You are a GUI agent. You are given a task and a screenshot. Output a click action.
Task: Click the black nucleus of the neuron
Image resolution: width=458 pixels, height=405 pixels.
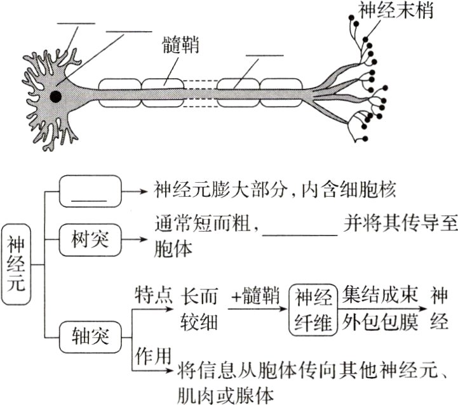[x=56, y=96]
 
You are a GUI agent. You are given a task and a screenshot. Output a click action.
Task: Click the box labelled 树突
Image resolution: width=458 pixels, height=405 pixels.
[x=90, y=241]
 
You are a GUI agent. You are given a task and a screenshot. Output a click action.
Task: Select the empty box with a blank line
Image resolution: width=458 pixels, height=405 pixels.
[x=90, y=190]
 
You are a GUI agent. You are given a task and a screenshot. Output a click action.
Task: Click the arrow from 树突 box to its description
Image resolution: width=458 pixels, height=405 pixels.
[x=135, y=241]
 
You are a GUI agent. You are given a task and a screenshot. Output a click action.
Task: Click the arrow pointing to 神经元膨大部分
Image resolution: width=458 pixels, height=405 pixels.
[x=135, y=190]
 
